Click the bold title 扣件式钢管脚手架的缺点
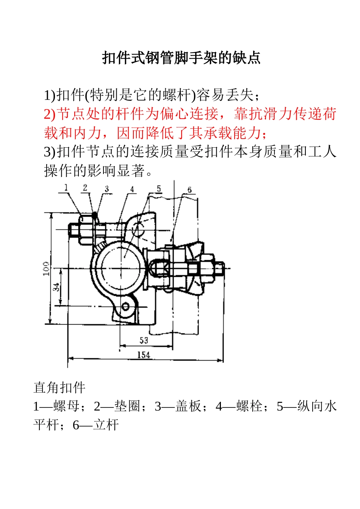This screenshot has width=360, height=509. coord(181,58)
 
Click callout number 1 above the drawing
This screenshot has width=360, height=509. coord(66,187)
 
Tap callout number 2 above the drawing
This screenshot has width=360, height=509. coord(85,187)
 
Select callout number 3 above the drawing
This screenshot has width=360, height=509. coord(107,188)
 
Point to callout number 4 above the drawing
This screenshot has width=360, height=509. coord(132,189)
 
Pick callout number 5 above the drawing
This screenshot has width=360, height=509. coord(159,188)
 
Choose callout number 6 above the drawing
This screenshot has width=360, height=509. coord(189,190)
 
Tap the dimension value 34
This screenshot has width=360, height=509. coord(56,287)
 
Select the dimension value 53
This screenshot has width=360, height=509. coord(144,340)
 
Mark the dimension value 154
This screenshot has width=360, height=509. coord(144,355)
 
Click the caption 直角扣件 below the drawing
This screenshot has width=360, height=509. coord(59,387)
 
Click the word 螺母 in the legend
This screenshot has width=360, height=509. coord(67,406)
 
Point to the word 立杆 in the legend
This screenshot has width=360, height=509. coord(106,425)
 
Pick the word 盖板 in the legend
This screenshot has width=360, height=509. coord(188,406)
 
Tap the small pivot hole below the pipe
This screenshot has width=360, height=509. coord(125,306)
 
